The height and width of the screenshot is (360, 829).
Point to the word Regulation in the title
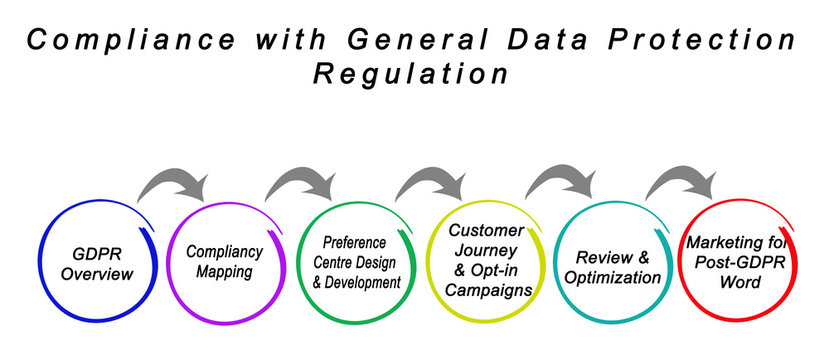click(x=411, y=75)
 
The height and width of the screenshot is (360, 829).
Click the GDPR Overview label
click(x=97, y=262)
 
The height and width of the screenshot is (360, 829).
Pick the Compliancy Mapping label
click(x=224, y=261)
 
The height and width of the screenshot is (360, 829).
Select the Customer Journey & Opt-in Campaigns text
click(x=485, y=259)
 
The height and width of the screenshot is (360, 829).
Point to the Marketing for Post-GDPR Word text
click(x=737, y=261)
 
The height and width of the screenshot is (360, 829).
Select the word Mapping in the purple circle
click(x=225, y=271)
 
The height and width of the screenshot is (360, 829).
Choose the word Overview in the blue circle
click(x=97, y=273)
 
